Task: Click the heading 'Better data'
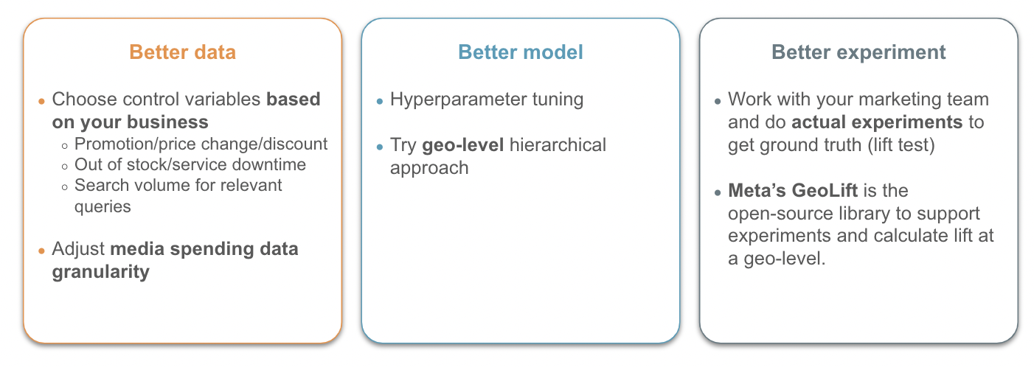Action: (182, 52)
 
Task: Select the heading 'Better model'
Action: (520, 52)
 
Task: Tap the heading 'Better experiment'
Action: (858, 52)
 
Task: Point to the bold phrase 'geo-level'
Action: (462, 146)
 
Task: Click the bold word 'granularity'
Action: (100, 272)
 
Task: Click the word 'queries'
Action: (103, 207)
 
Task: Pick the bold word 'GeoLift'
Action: (825, 190)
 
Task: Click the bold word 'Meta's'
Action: (757, 190)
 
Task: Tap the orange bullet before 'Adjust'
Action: (41, 251)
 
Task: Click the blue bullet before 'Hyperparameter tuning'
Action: (379, 102)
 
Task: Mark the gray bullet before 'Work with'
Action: (718, 102)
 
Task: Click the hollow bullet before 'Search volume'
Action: (65, 187)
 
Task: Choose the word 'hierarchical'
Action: (558, 146)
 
